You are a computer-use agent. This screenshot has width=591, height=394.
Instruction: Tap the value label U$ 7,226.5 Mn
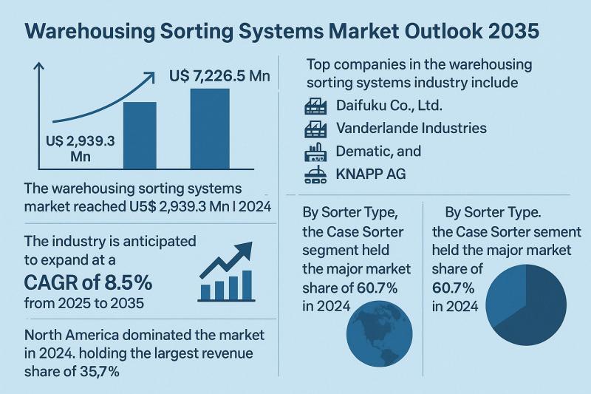point(219,76)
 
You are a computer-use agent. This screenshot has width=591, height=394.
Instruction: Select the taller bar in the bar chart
point(210,129)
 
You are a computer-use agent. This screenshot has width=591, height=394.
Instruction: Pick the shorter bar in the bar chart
point(139,135)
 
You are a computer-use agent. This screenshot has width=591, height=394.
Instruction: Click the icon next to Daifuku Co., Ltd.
point(316,106)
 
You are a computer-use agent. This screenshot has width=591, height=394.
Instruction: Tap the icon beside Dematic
point(316,152)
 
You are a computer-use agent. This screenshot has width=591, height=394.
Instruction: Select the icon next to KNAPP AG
point(316,175)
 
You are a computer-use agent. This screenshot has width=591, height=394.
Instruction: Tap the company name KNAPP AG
point(372,175)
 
